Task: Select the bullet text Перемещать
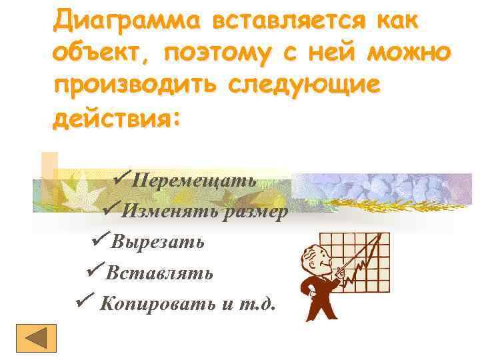194,181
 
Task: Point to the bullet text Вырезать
158,241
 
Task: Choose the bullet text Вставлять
160,273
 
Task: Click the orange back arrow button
37,339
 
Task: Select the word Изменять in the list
159,211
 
